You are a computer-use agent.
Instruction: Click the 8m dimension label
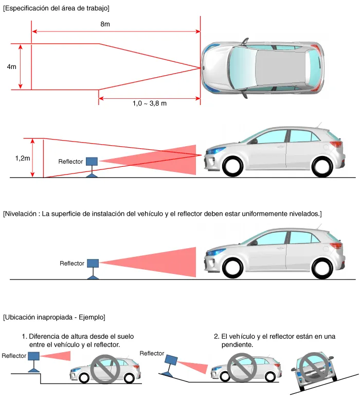tap(105, 25)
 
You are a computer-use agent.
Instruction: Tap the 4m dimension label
tap(11, 67)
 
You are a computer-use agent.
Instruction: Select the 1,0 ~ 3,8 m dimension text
tap(149, 103)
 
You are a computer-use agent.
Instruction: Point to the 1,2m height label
tap(22, 159)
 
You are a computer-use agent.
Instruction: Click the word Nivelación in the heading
tap(23, 214)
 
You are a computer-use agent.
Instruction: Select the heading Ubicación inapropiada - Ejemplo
tap(54, 317)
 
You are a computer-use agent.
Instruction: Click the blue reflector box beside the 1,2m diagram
tap(92, 161)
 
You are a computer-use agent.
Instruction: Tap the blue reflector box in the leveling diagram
tap(93, 263)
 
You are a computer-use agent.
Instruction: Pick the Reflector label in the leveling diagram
tap(72, 264)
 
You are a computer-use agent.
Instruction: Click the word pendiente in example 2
tap(233, 345)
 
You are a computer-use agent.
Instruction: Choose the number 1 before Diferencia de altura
tap(24, 336)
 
